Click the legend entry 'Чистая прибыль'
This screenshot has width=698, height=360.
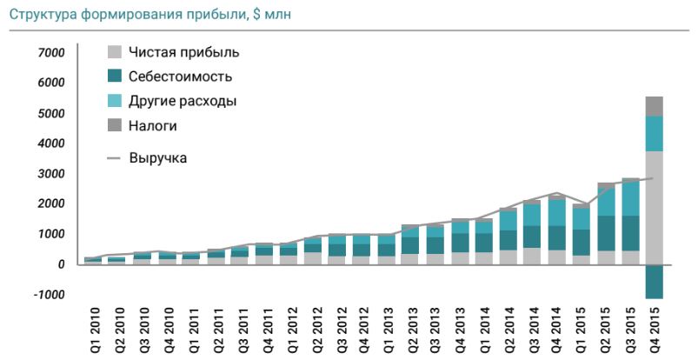[x=183, y=52]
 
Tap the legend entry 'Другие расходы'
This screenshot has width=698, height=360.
[x=183, y=101]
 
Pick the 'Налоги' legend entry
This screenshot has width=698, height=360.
[x=153, y=126]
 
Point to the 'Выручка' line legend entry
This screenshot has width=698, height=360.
[x=157, y=158]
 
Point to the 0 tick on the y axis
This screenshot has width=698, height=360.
[x=61, y=264]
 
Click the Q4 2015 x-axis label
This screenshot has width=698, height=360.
[x=655, y=330]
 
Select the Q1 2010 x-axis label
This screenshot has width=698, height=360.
[x=90, y=330]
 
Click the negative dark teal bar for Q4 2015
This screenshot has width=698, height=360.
[x=655, y=281]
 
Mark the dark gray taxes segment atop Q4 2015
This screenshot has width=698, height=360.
[x=655, y=106]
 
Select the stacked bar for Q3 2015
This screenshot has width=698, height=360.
[x=631, y=222]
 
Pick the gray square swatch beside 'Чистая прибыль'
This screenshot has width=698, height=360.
[x=114, y=52]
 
